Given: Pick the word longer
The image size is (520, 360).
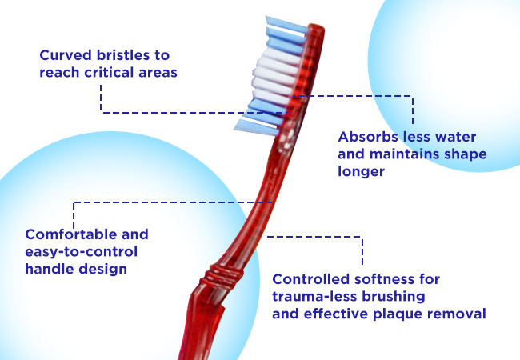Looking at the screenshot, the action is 361,171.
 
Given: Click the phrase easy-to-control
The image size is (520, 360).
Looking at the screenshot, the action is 82,252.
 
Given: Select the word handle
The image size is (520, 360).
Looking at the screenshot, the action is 50,269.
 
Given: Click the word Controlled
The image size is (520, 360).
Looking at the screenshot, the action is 306,279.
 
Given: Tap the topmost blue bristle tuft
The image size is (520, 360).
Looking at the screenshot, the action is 286,25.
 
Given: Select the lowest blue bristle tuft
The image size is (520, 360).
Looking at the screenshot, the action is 256,128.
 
